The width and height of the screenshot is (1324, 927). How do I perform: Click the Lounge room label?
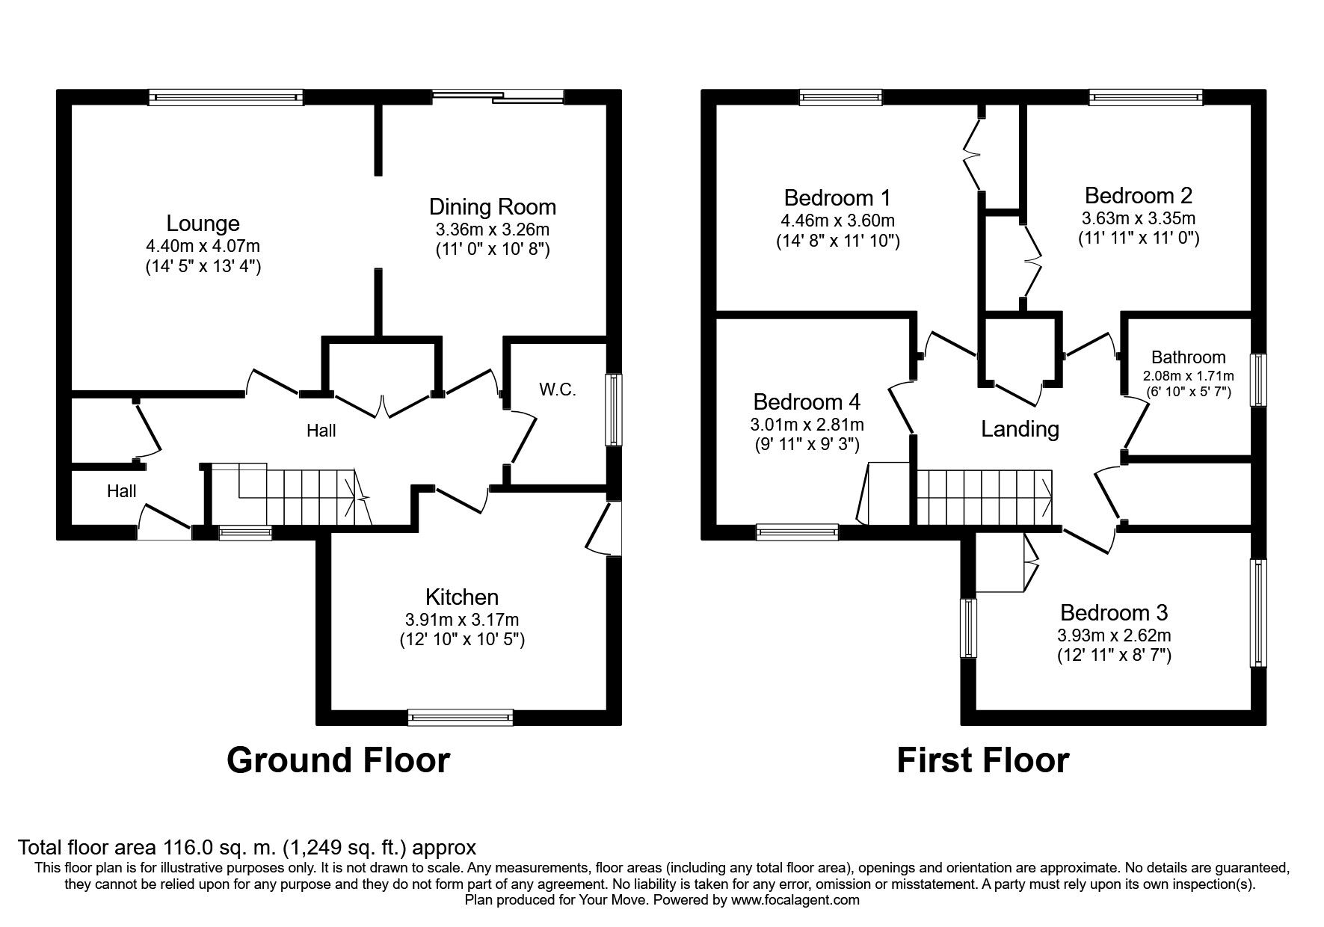tap(203, 224)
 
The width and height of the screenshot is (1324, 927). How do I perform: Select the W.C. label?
tap(558, 389)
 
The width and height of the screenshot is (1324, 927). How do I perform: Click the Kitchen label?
tap(461, 597)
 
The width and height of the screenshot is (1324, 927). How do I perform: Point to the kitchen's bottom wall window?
tap(461, 718)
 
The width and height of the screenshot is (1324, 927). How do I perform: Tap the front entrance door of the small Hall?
tap(164, 523)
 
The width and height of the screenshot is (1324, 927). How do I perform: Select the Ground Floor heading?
tap(338, 760)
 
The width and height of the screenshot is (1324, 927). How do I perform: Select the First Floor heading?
tap(982, 760)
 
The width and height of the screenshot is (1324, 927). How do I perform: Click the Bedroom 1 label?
tap(837, 198)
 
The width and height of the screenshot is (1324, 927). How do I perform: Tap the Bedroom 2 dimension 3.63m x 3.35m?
tap(1138, 218)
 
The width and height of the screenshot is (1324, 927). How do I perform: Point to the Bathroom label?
tap(1188, 357)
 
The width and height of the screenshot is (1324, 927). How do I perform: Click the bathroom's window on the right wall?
tap(1260, 380)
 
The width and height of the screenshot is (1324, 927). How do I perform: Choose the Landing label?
tap(1020, 429)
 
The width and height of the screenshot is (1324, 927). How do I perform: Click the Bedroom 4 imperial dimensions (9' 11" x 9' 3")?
tap(807, 445)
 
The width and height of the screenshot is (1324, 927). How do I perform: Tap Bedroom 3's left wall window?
tap(969, 628)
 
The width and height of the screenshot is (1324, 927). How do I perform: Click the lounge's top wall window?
tap(226, 96)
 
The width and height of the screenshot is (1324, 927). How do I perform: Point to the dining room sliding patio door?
tap(498, 95)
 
